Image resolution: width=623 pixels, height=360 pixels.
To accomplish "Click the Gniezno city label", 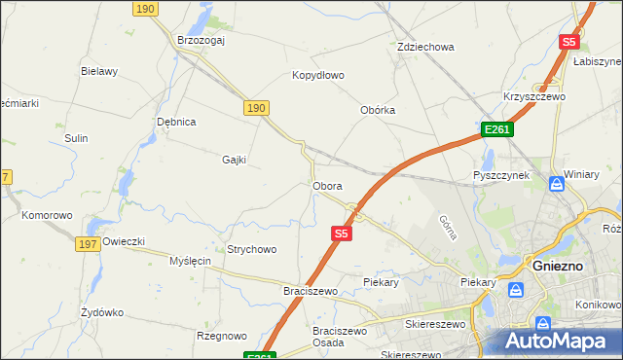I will pyautogui.click(x=558, y=265).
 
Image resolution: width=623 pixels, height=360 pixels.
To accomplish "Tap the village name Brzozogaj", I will pyautogui.click(x=202, y=40).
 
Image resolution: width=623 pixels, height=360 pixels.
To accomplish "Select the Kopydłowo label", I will pyautogui.click(x=318, y=75).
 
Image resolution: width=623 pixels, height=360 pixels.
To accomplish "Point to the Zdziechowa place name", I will pyautogui.click(x=426, y=47).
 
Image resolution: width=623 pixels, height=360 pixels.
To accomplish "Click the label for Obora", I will pyautogui.click(x=327, y=185).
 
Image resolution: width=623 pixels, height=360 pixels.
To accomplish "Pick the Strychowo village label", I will pyautogui.click(x=252, y=249).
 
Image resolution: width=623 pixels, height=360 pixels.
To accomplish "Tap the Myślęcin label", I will pyautogui.click(x=191, y=261).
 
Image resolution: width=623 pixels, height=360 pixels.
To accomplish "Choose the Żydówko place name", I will pyautogui.click(x=102, y=312).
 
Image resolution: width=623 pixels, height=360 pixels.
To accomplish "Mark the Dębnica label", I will pyautogui.click(x=177, y=122).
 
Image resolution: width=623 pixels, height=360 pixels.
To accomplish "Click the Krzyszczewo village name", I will pyautogui.click(x=534, y=97).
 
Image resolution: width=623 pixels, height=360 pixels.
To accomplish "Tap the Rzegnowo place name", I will pyautogui.click(x=222, y=336).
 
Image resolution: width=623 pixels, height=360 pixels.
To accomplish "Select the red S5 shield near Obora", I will pyautogui.click(x=340, y=234).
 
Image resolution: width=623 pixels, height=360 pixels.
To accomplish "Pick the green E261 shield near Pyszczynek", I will pyautogui.click(x=496, y=129).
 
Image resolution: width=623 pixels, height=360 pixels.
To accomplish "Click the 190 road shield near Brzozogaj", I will pyautogui.click(x=145, y=9).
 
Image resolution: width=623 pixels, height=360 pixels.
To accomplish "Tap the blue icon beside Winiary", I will pyautogui.click(x=556, y=183).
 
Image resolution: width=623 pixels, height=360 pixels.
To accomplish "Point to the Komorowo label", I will pyautogui.click(x=48, y=215).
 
